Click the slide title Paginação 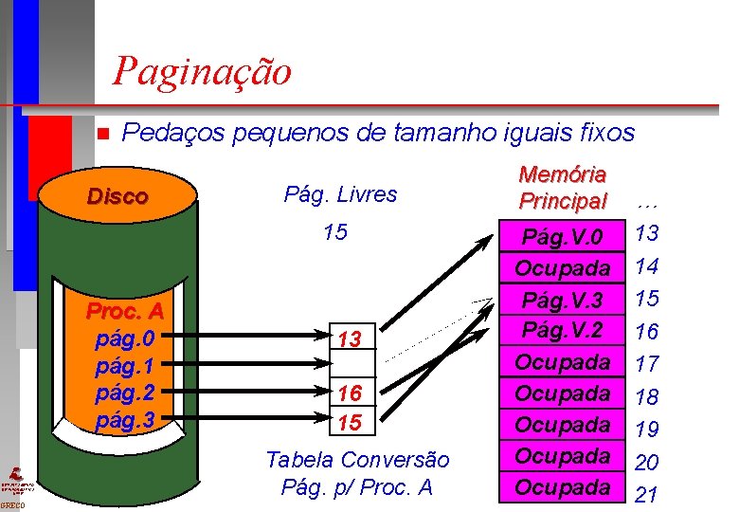[x=202, y=71]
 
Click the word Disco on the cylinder [x=117, y=197]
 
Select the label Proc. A [x=125, y=311]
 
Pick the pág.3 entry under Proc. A [x=132, y=416]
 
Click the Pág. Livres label [x=341, y=194]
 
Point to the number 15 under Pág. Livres [x=334, y=232]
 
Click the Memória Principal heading [x=562, y=188]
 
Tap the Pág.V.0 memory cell [x=563, y=236]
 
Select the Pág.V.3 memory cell [x=563, y=301]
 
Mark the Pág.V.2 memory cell [x=563, y=330]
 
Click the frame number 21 [x=647, y=493]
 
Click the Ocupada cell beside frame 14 [x=563, y=268]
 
